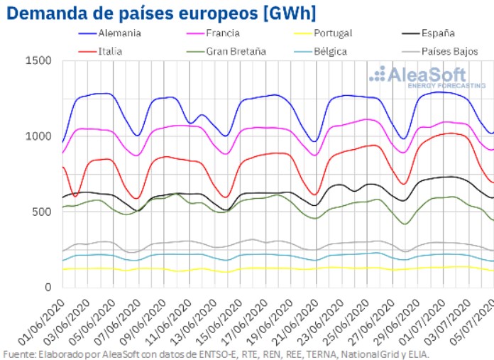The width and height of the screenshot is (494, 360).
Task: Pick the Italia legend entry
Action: pos(109,50)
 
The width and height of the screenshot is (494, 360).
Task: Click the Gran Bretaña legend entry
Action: pos(236,50)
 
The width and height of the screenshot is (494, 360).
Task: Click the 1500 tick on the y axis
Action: pos(38,61)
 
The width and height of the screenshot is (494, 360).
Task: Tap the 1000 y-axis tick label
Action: pos(38,136)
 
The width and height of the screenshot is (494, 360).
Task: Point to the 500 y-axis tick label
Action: pos(41,212)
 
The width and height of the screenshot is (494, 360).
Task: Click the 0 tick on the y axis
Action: pos(48,287)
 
